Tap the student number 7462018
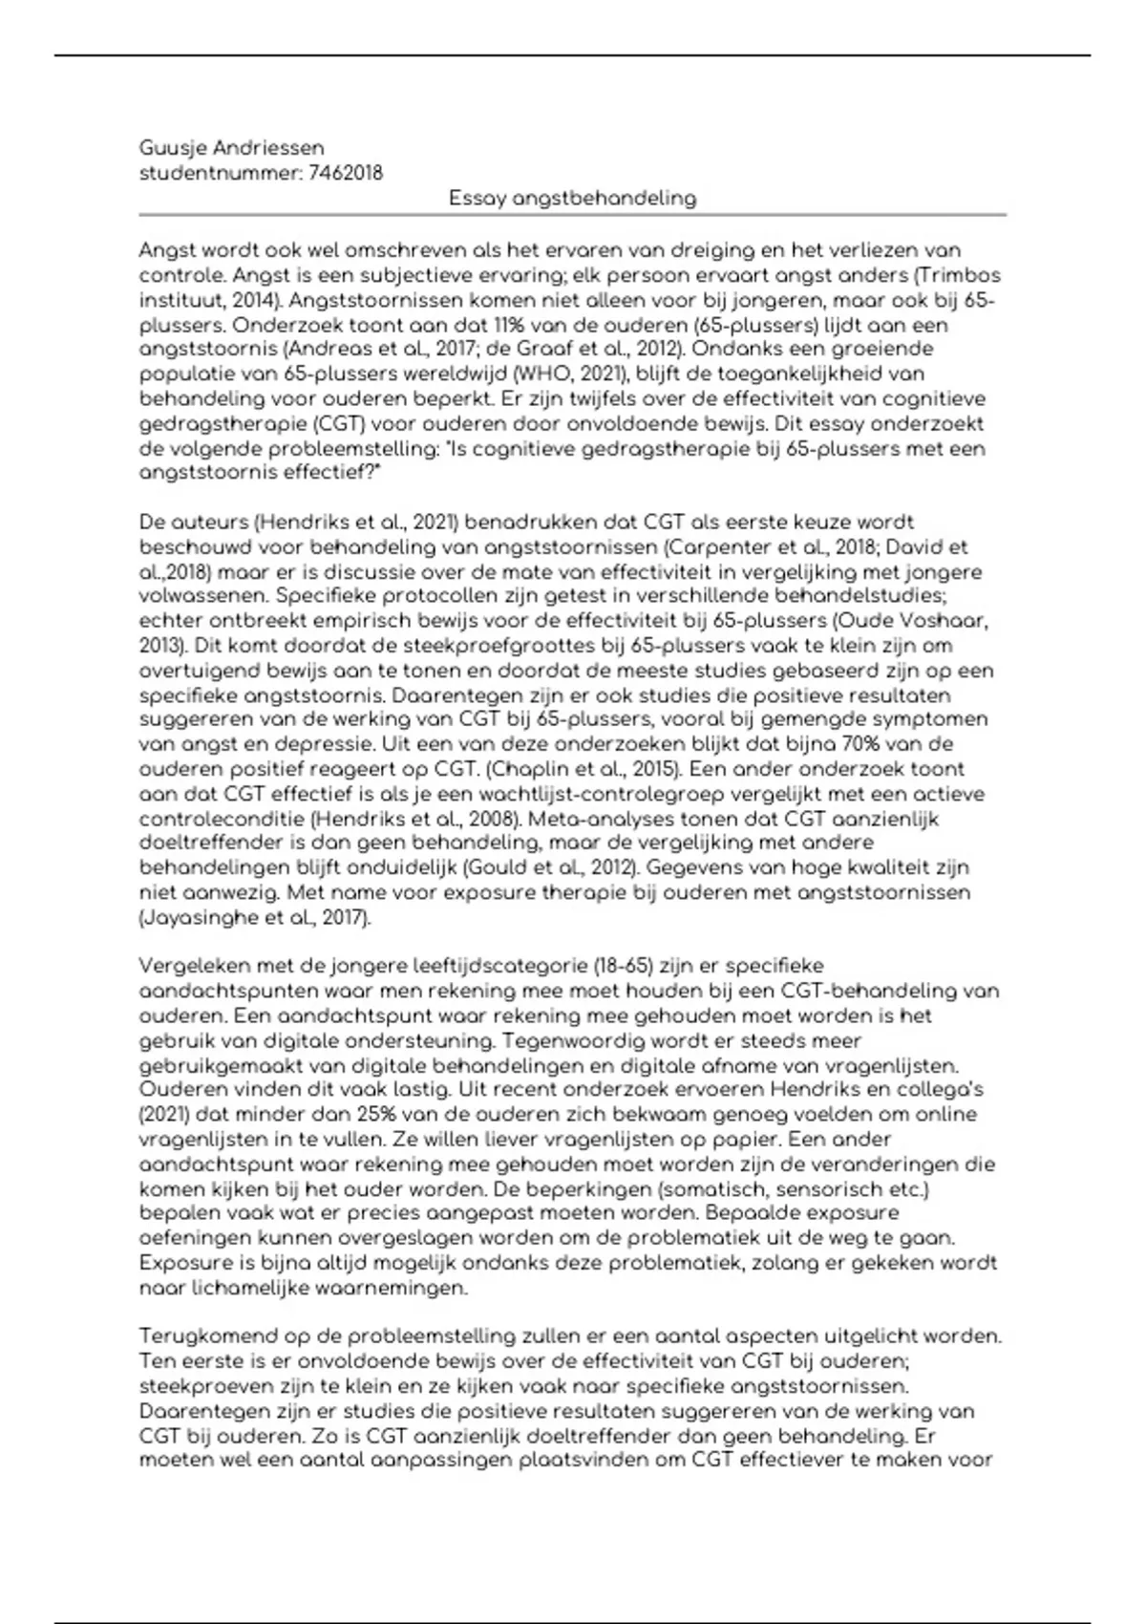(x=347, y=173)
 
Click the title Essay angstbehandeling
(x=573, y=199)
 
